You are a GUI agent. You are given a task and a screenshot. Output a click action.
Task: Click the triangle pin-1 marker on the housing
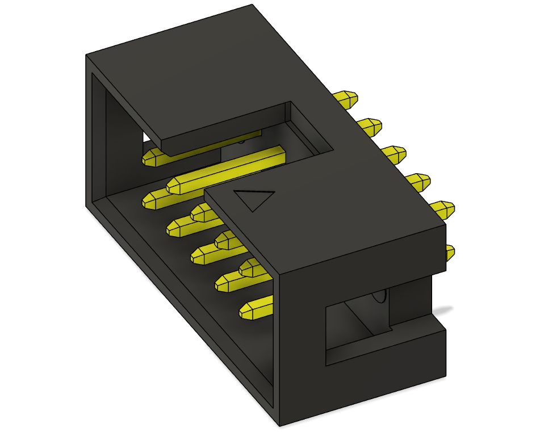pyautogui.click(x=254, y=200)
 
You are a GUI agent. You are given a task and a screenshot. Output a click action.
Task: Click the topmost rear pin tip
pyautogui.click(x=347, y=100)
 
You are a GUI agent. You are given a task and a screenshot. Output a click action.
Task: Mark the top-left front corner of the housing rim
pyautogui.click(x=86, y=56)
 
